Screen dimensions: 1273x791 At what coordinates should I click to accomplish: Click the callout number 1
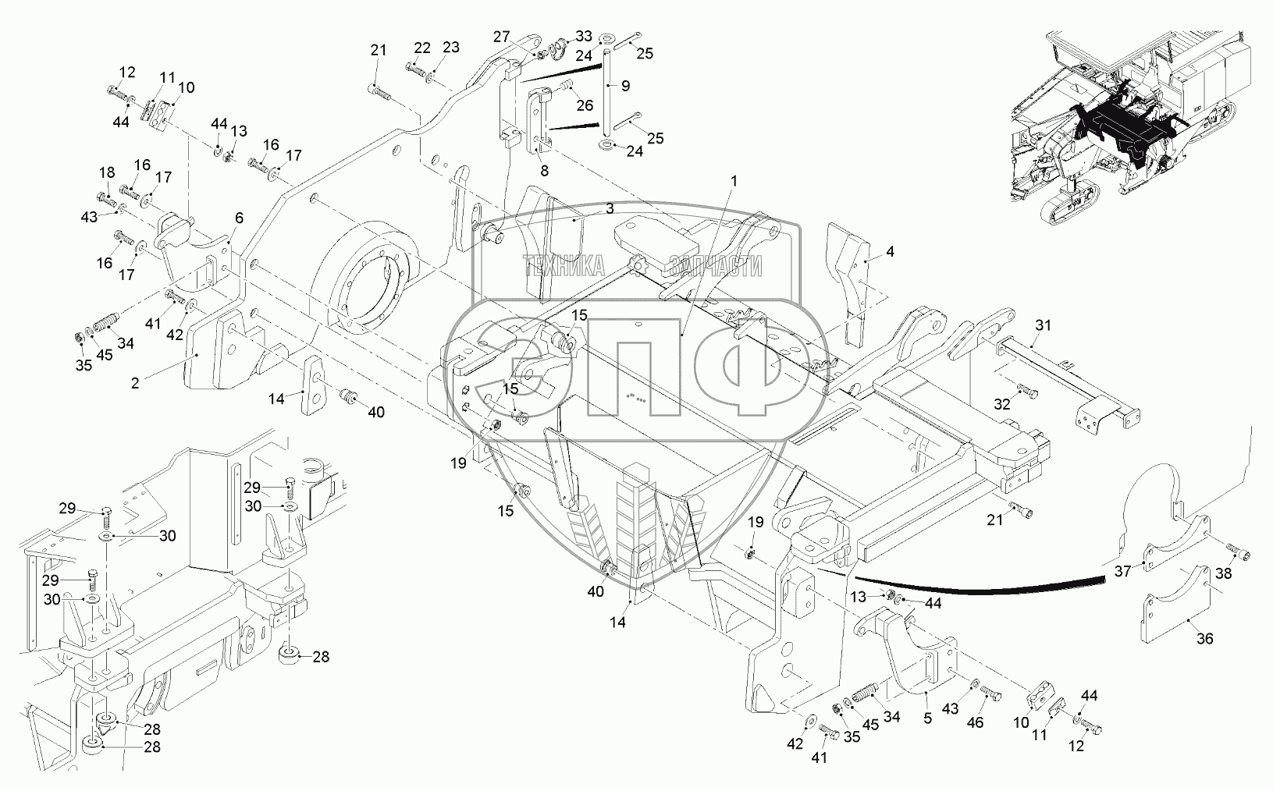coord(734,181)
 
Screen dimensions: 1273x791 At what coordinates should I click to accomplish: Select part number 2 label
coord(135,383)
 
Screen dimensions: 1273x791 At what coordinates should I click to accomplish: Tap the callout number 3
coord(610,208)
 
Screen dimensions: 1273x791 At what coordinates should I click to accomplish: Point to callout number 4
coord(890,251)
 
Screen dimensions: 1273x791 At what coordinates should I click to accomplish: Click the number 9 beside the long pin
coord(626,86)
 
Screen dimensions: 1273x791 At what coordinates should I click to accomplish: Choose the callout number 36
coord(1205,639)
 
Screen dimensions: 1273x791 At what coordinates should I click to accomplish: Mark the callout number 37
coord(1122,571)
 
